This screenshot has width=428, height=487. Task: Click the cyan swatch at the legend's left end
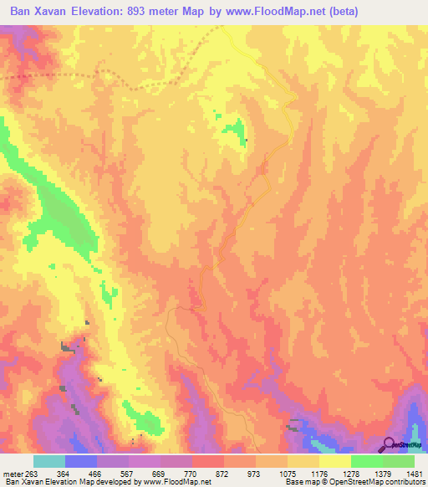pyautogui.click(x=49, y=461)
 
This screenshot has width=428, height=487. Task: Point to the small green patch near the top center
pyautogui.click(x=236, y=131)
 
